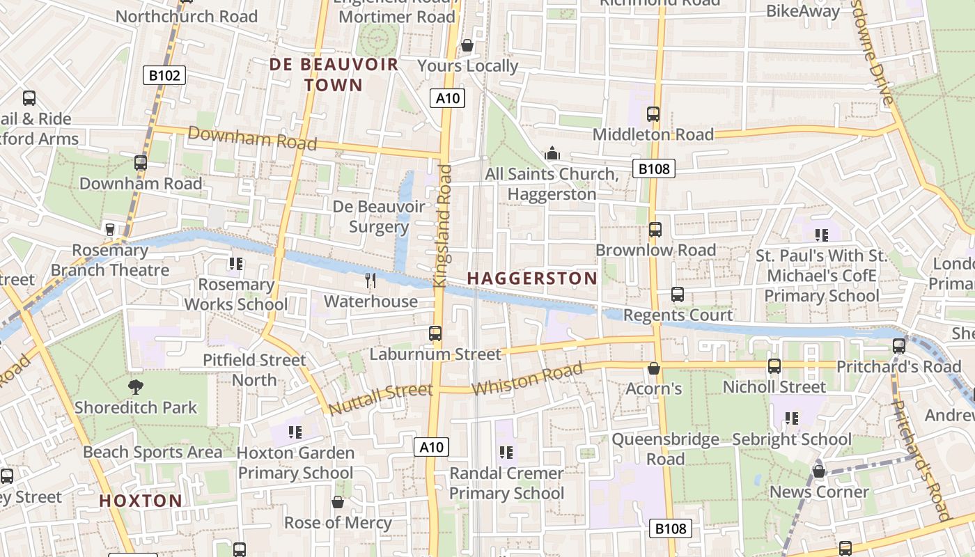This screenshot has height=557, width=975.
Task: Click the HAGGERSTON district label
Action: [532, 278]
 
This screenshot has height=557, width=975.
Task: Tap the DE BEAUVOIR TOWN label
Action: [334, 74]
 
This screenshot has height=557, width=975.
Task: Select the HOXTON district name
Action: [141, 501]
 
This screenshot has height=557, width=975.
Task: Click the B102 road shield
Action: [164, 75]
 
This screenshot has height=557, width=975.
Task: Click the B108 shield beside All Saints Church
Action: [654, 168]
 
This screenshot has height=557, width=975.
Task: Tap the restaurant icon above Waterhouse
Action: [370, 281]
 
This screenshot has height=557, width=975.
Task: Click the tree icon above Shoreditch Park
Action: [136, 386]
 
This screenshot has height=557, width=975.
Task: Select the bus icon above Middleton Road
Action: [653, 113]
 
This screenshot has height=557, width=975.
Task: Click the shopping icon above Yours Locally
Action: [467, 45]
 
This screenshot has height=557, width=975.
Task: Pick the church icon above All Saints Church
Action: [552, 153]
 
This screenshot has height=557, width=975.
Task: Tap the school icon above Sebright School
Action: [792, 418]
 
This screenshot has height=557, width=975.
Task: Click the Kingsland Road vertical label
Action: [443, 226]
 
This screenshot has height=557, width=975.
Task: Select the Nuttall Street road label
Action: [380, 400]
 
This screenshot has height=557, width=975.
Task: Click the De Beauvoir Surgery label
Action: [378, 217]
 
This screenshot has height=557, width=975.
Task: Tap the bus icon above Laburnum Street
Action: [435, 334]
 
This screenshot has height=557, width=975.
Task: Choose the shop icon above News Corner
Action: [819, 471]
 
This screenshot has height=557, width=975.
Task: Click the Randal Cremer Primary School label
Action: [506, 483]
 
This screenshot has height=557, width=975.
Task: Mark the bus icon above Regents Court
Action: [678, 295]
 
